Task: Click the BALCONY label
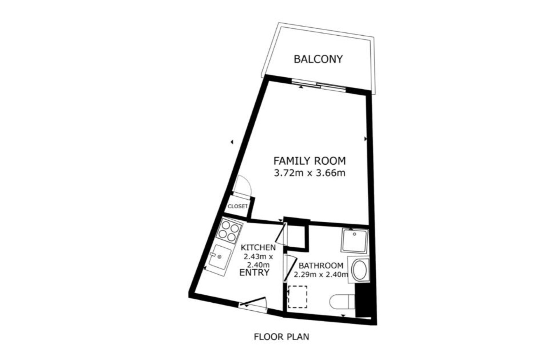point(318,59)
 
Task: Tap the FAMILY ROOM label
point(309,161)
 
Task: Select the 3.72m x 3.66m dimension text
point(309,173)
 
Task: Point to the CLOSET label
point(238,206)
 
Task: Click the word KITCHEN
point(258,248)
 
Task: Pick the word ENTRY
point(254,273)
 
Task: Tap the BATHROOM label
point(321,265)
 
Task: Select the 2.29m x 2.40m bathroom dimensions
point(321,275)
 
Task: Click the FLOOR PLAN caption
point(281,337)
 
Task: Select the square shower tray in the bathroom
point(355,240)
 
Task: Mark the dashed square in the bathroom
point(297,297)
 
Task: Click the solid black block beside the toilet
point(362,301)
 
